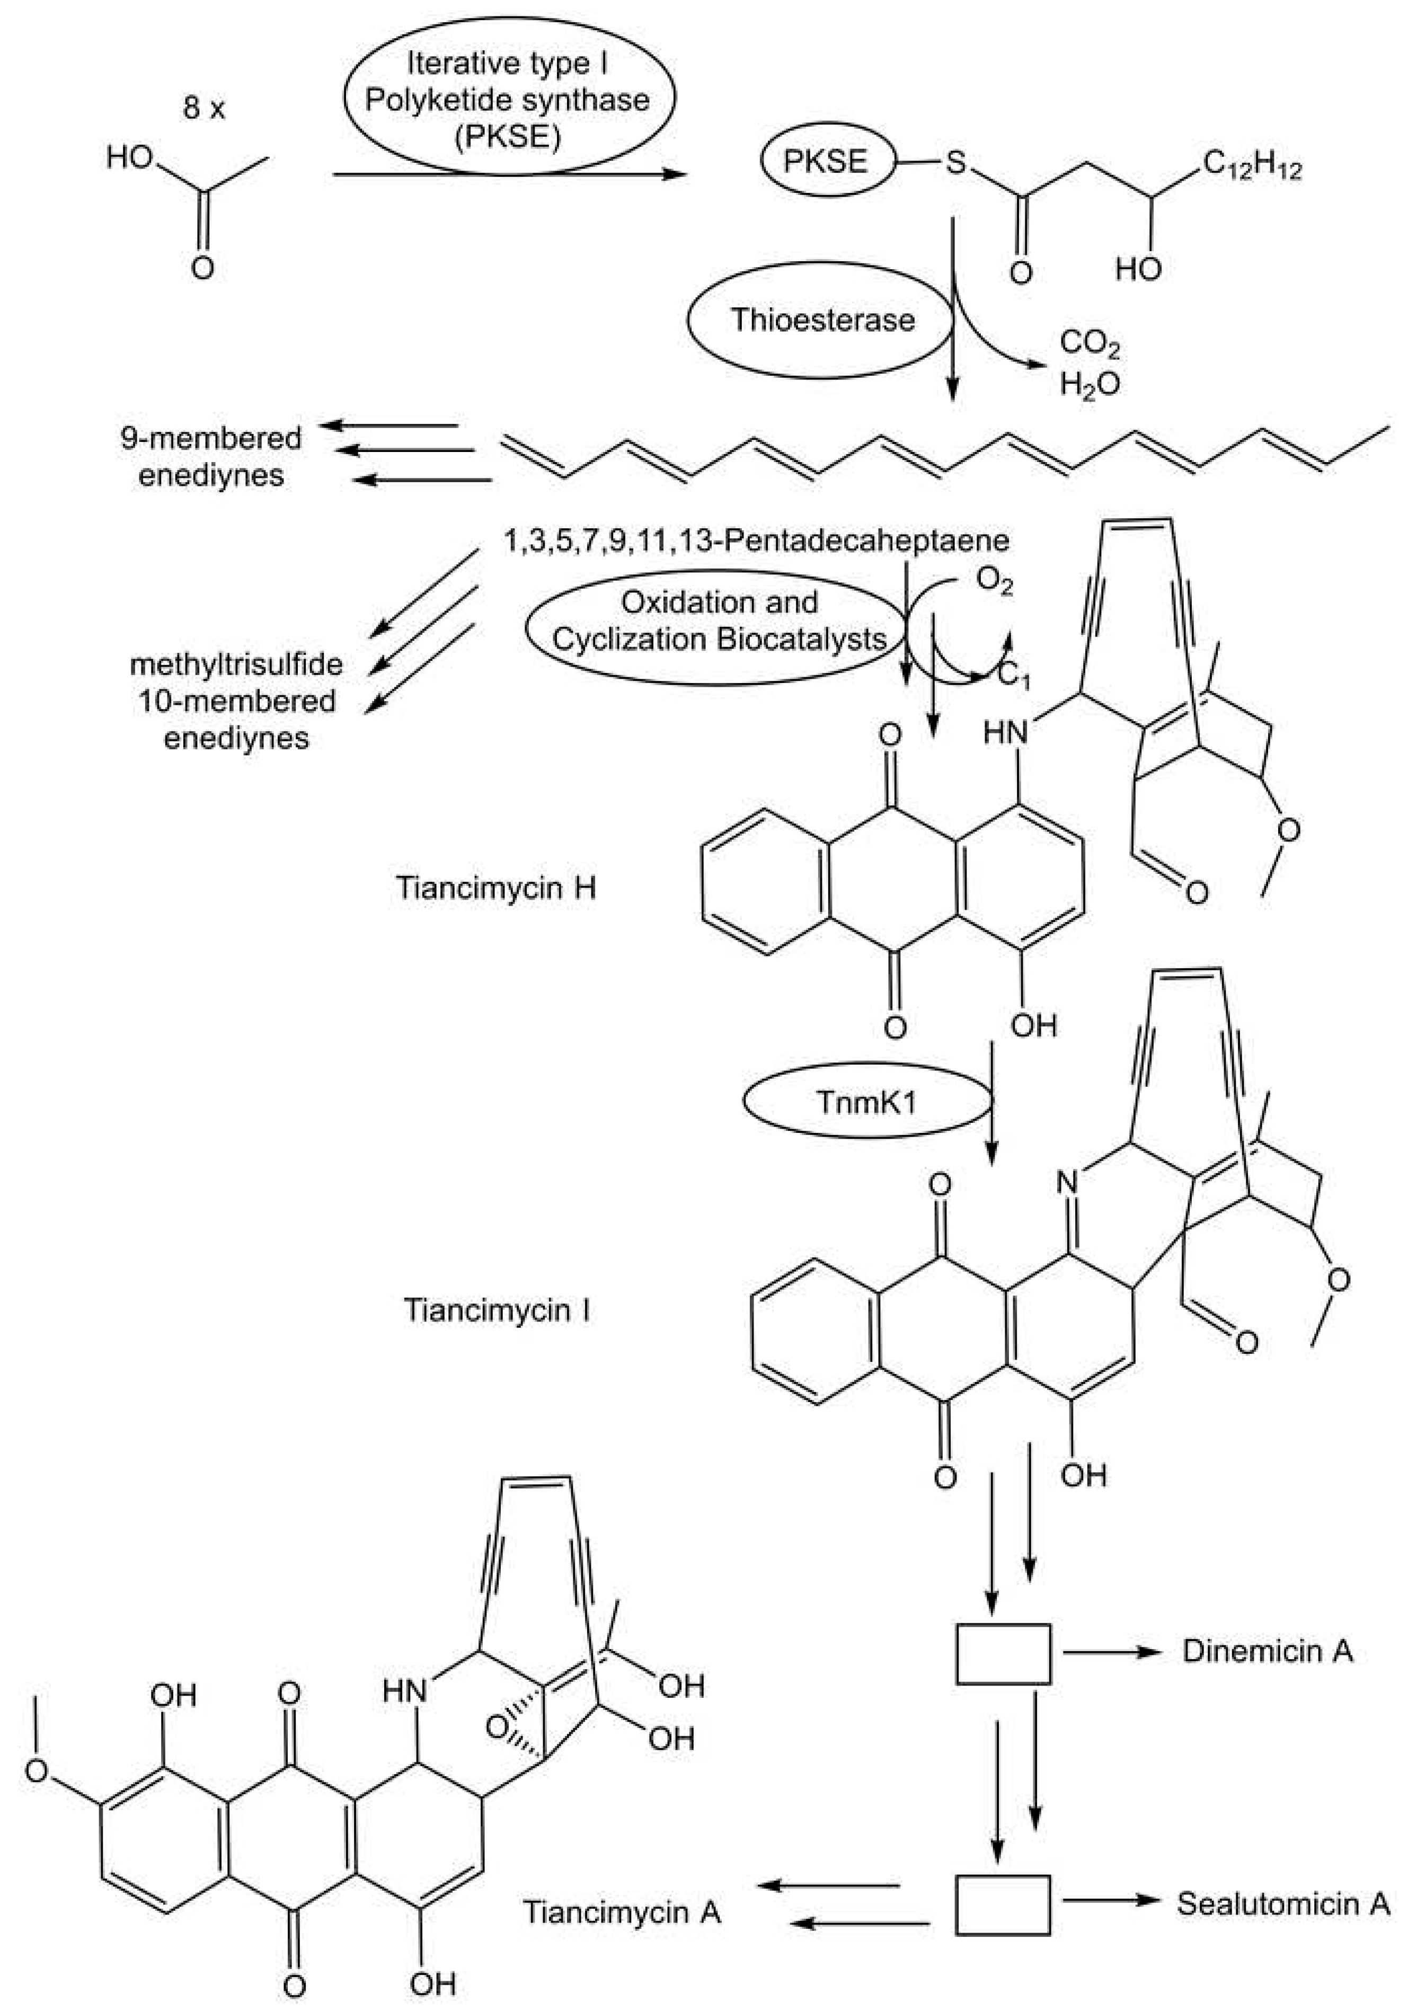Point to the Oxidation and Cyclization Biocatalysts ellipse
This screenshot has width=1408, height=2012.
pyautogui.click(x=719, y=621)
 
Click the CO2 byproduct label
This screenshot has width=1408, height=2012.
pyautogui.click(x=1089, y=343)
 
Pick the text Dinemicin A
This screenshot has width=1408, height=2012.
pyautogui.click(x=1267, y=1652)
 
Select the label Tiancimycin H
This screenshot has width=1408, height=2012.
pyautogui.click(x=496, y=888)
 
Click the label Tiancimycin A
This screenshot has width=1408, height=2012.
pyautogui.click(x=621, y=1912)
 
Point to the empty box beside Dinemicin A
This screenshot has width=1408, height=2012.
pyautogui.click(x=1002, y=1654)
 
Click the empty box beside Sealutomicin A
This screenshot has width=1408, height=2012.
pyautogui.click(x=1002, y=1904)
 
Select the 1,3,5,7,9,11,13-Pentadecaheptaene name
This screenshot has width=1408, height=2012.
pyautogui.click(x=755, y=540)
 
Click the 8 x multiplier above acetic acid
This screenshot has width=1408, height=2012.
pyautogui.click(x=203, y=109)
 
